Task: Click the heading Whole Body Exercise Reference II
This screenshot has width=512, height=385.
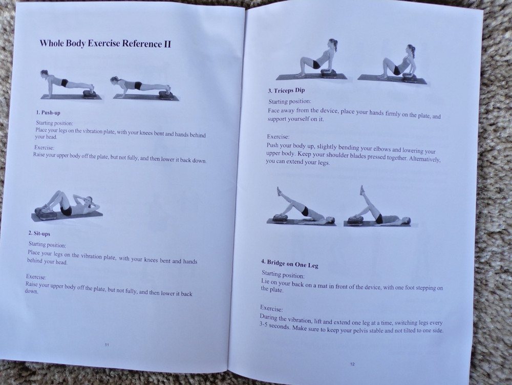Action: coord(105,44)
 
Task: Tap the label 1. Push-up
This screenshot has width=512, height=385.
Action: coord(48,113)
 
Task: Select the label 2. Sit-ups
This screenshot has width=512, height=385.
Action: coord(39,233)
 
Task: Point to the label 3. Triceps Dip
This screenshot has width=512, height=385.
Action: coord(286,91)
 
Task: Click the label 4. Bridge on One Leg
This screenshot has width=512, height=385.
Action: coord(290,263)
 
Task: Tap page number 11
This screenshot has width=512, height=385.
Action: coord(107,345)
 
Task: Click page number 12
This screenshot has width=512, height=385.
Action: coord(352,364)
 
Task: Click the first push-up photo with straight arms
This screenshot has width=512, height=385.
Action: coord(71,84)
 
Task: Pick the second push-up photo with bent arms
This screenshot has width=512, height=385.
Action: coord(145,88)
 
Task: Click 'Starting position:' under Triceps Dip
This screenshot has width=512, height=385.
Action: coord(290,101)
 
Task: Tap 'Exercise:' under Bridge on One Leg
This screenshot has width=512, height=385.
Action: coord(271,308)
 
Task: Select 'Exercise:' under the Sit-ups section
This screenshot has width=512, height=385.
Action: coord(36,277)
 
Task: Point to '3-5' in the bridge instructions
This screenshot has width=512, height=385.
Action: coord(265,326)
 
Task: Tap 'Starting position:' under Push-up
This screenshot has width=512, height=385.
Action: coord(55,123)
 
